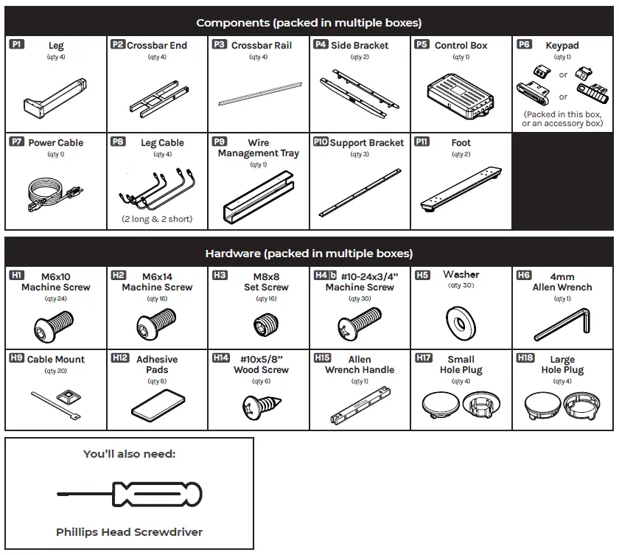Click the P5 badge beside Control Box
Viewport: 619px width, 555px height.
(x=422, y=44)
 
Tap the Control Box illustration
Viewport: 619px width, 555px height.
(x=461, y=96)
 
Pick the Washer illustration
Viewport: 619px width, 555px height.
(x=461, y=318)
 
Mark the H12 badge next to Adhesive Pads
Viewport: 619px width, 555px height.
(x=119, y=357)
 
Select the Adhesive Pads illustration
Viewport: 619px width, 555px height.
(x=157, y=405)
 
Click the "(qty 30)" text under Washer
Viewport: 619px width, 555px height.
(x=461, y=285)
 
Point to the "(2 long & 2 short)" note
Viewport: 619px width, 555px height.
(x=157, y=219)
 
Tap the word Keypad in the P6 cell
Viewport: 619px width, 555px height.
(x=562, y=45)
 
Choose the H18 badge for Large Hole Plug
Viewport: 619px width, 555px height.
(x=525, y=357)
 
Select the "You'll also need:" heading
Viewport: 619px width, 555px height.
(x=129, y=454)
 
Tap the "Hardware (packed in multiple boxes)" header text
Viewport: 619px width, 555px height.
(x=309, y=254)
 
